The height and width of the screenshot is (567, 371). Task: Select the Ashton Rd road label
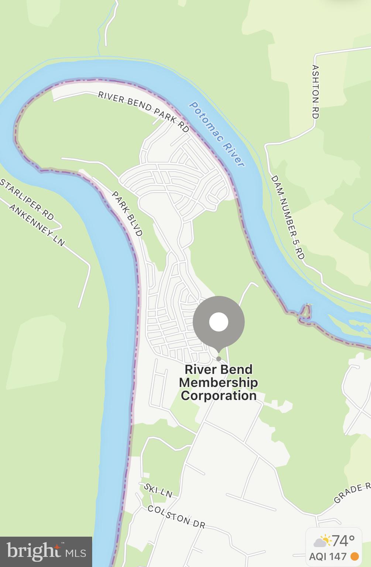(x=315, y=92)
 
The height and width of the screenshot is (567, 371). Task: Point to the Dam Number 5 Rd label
(x=288, y=217)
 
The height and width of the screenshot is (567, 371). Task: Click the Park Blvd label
(x=127, y=213)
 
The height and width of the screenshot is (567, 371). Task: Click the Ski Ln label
(x=158, y=491)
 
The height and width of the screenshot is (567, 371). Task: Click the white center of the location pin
(x=219, y=322)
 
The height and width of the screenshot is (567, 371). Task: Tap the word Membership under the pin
(x=219, y=382)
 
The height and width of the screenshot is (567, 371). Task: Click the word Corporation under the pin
(x=219, y=396)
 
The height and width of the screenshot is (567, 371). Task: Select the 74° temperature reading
(x=343, y=541)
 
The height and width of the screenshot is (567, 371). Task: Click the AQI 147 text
(x=328, y=556)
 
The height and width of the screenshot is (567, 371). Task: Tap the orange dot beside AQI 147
(x=354, y=556)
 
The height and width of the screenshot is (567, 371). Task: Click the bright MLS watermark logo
(x=46, y=551)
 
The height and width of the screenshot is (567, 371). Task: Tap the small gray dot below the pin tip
(x=219, y=359)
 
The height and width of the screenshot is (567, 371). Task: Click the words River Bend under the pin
(x=219, y=369)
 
